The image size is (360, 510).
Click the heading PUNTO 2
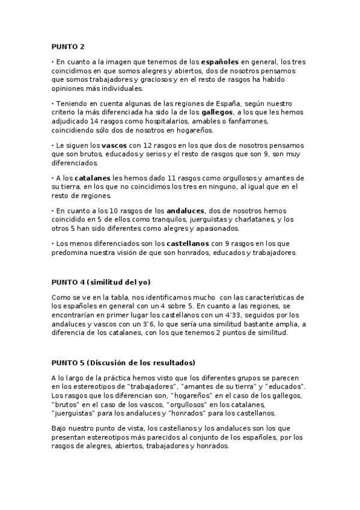pos(68,46)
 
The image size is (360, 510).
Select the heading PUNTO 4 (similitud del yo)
pos(100,282)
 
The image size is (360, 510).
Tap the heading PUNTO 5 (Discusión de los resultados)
pos(123,363)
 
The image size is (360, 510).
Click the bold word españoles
pos(220,62)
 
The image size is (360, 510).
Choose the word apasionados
pos(221,228)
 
